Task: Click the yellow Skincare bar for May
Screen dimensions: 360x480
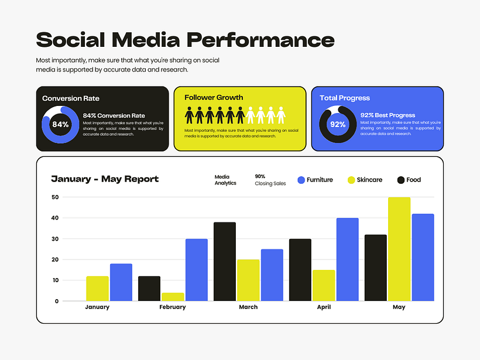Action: point(399,249)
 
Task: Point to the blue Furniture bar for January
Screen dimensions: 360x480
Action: point(121,282)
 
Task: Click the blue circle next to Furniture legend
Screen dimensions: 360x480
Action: point(301,180)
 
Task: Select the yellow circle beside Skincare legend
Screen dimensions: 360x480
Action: point(351,180)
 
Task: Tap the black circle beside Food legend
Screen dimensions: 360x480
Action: point(401,180)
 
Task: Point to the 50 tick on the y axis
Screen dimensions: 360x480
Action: point(55,197)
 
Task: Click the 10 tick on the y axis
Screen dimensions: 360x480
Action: point(55,280)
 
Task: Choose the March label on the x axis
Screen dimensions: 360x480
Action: point(248,307)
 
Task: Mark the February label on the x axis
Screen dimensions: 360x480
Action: point(172,307)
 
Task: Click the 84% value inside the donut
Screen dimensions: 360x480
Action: point(60,125)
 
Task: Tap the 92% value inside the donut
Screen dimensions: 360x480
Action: point(338,125)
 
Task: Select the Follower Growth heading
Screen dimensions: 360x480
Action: point(214,98)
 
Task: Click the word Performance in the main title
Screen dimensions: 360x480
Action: point(260,40)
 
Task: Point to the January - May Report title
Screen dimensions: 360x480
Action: point(105,179)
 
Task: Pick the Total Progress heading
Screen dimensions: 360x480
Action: point(345,98)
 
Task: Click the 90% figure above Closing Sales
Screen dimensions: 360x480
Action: point(260,176)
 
